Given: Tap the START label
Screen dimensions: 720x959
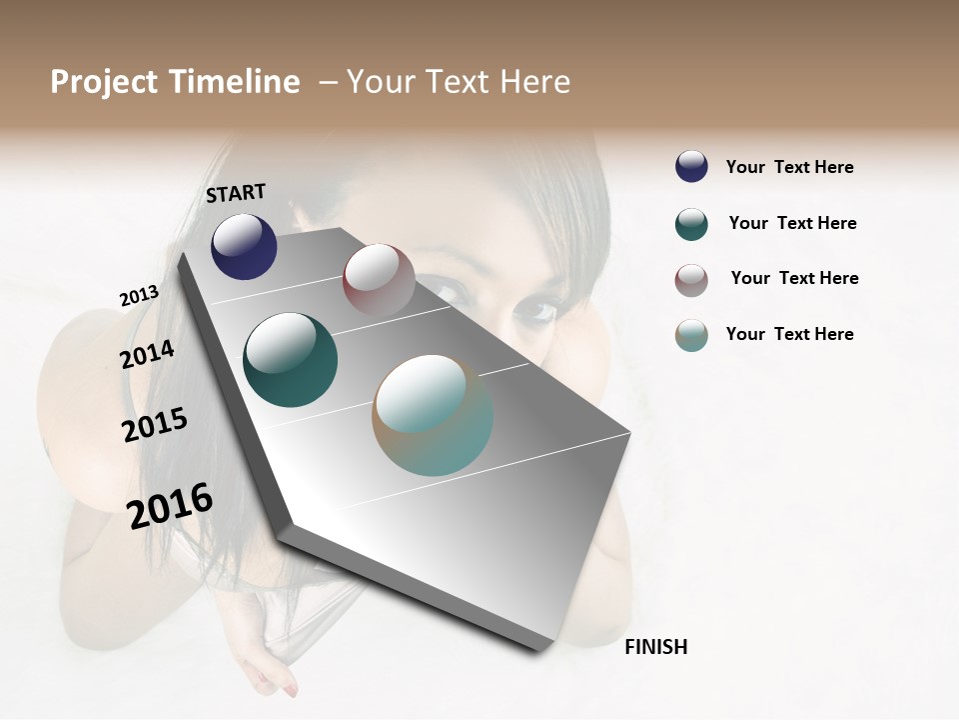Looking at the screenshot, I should point(236,193).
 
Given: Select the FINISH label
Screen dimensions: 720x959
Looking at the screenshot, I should point(655,647).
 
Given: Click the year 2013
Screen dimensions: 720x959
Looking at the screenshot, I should point(139,296).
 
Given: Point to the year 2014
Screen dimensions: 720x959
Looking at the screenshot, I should point(147,354).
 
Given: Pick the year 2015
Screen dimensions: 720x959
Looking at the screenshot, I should point(155,425).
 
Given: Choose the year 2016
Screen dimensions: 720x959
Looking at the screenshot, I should point(170,506).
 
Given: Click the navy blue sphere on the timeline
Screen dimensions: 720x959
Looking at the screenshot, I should point(244,246).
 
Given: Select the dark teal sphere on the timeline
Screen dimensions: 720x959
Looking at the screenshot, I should point(290,360).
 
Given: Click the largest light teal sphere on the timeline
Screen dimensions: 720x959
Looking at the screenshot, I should point(433,415).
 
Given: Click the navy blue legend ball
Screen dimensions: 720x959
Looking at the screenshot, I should point(691,166).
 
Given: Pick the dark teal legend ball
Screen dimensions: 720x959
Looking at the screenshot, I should point(691,224).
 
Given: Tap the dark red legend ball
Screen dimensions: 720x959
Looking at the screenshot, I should point(691,280).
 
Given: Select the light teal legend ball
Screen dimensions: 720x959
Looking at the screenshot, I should point(691,335).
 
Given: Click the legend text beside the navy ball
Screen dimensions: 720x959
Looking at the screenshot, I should point(789,167).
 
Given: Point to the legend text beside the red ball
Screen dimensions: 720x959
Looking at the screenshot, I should point(794,278).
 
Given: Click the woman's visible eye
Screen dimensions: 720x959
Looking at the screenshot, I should point(535,310).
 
